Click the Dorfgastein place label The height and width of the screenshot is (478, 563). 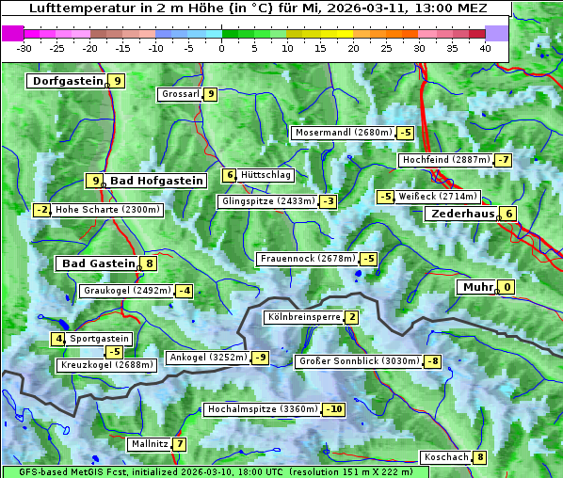click(x=67, y=81)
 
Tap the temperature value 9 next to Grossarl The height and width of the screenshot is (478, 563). click(x=211, y=94)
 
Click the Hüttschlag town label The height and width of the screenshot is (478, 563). click(x=266, y=175)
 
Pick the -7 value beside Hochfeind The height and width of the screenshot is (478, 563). click(x=505, y=160)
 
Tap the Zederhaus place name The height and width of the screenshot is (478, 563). click(x=462, y=214)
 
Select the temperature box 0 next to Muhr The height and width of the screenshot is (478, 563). click(x=507, y=287)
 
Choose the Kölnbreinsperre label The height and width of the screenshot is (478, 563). click(x=303, y=317)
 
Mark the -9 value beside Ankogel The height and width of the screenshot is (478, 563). click(x=260, y=358)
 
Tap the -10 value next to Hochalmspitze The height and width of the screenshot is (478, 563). click(x=333, y=409)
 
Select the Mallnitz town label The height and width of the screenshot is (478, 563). click(x=149, y=444)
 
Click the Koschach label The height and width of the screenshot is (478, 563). click(x=446, y=457)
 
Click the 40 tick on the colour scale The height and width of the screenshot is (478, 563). click(x=485, y=47)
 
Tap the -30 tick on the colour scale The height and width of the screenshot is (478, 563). click(x=24, y=47)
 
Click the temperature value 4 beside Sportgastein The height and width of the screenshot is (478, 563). click(x=58, y=339)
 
